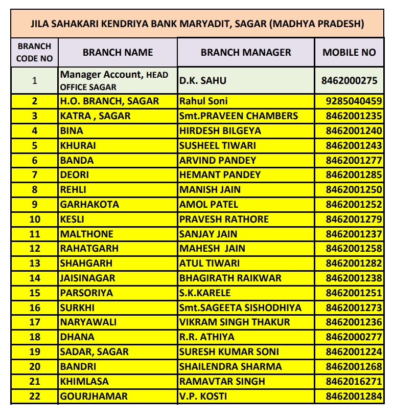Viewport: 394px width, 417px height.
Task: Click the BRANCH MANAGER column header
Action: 246,52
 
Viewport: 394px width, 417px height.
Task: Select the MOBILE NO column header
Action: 349,52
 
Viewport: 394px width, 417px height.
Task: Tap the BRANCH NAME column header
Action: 118,52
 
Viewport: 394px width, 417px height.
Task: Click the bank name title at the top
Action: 197,24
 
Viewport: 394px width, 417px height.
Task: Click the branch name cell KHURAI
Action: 78,145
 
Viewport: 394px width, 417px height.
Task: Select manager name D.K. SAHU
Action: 203,80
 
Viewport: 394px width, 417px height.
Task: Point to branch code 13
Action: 35,264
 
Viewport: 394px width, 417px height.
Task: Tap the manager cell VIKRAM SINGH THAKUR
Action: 235,322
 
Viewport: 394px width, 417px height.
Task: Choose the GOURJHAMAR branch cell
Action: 94,396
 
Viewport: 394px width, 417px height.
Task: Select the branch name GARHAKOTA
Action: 89,204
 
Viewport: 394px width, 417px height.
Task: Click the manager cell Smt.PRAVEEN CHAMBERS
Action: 239,116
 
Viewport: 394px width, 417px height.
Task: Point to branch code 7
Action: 35,175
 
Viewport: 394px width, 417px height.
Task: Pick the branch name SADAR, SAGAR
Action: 95,352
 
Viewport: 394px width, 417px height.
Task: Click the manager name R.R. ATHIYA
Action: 207,337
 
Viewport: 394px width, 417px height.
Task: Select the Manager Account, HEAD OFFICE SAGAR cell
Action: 114,80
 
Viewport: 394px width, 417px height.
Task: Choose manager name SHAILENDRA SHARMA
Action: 230,366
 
